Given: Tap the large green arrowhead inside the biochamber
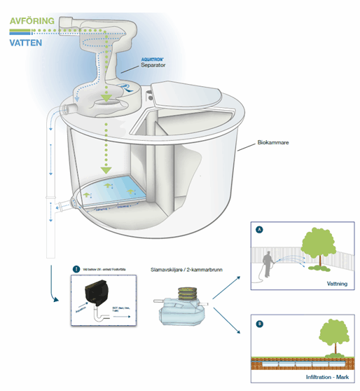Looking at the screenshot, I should pyautogui.click(x=105, y=170).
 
